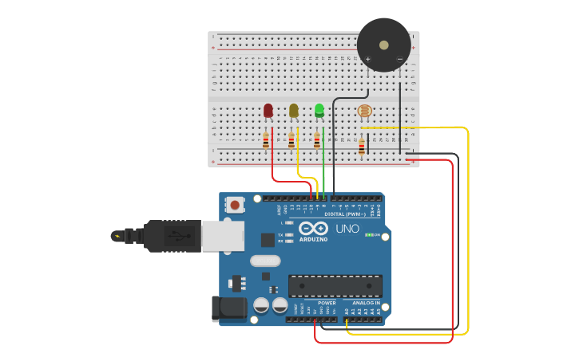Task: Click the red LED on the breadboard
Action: (x=268, y=111)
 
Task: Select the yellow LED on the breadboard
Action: (x=294, y=111)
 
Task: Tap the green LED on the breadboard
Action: (x=319, y=110)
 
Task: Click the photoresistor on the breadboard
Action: (x=364, y=111)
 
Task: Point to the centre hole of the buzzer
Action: (x=384, y=45)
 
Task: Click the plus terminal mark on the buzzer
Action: (x=368, y=59)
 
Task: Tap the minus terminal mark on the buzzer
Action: (x=400, y=59)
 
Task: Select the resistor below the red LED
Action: (x=266, y=141)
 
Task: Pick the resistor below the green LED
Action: (x=317, y=141)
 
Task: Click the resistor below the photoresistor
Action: (x=362, y=147)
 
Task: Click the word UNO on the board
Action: (x=347, y=229)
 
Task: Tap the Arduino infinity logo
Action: (x=313, y=229)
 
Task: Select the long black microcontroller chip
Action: (x=335, y=285)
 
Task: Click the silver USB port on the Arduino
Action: (x=222, y=236)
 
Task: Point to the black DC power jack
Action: (x=226, y=309)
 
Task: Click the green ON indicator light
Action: (x=369, y=235)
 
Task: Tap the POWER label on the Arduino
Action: (x=327, y=303)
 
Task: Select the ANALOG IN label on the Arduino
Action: (x=367, y=303)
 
